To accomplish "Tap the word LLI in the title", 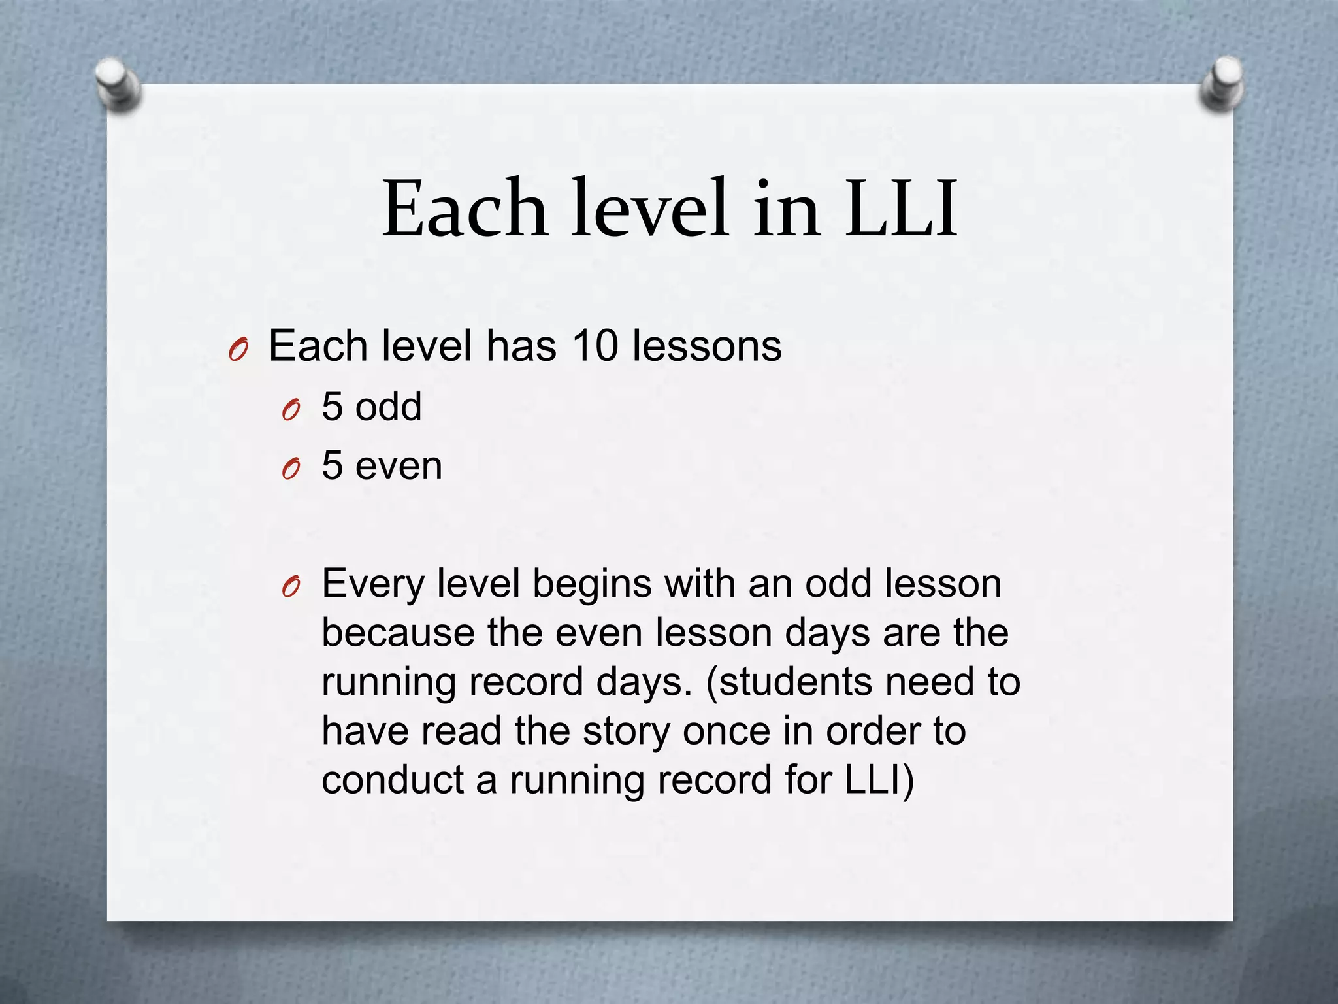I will pos(901,209).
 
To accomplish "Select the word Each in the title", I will pos(465,209).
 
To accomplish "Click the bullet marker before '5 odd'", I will pos(291,410).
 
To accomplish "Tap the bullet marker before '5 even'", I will pos(291,468).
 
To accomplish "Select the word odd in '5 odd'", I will pos(389,407).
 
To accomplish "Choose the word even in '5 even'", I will pos(399,467).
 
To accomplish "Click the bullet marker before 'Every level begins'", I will pos(291,587).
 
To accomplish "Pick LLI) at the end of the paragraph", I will pos(879,780).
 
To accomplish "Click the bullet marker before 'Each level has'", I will pos(238,350).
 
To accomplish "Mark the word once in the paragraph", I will pos(726,731).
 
